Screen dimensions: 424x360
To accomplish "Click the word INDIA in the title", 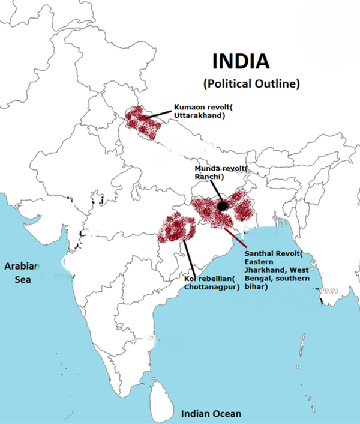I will (x=242, y=61).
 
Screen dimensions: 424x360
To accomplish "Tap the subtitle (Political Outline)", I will (x=251, y=83).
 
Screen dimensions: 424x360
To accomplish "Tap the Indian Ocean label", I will (x=211, y=414).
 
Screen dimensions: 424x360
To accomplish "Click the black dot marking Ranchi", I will (x=222, y=206).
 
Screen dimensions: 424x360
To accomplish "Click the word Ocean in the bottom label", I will (x=227, y=414).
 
